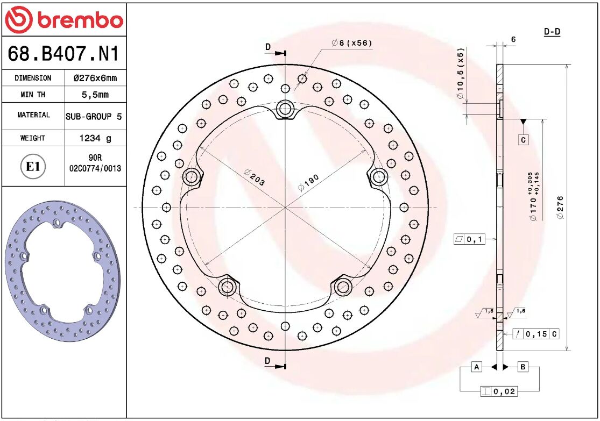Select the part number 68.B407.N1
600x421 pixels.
[x=63, y=54]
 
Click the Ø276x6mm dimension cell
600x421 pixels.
[x=95, y=78]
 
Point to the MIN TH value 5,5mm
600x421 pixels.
[x=95, y=95]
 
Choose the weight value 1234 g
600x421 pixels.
[x=95, y=138]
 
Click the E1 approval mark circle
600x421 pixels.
[x=33, y=167]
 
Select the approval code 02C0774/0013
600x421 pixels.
[x=95, y=168]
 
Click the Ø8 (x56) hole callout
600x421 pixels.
[x=352, y=43]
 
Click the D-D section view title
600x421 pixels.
[x=552, y=32]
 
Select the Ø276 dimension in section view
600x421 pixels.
[x=560, y=208]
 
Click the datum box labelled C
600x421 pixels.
[x=523, y=140]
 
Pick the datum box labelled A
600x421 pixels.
[x=476, y=367]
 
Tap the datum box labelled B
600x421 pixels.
[x=523, y=367]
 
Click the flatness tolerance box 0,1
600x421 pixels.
[x=469, y=239]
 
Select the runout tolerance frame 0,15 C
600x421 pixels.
[x=535, y=334]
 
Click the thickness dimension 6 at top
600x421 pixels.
[x=513, y=39]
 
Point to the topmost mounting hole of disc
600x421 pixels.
[x=285, y=110]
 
